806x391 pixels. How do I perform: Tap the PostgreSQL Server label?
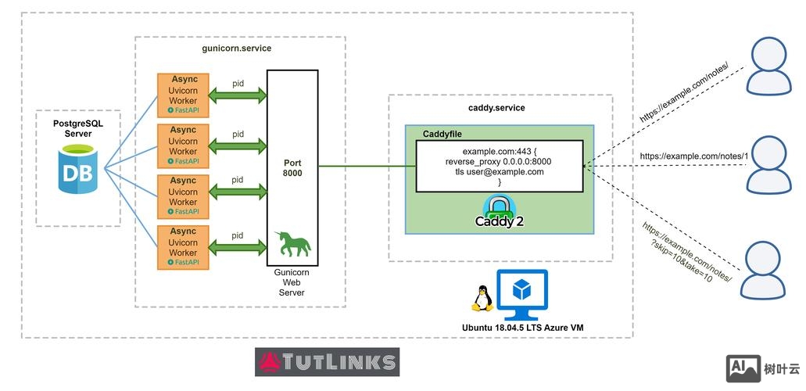click(78, 129)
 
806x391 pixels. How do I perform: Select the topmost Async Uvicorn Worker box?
click(184, 95)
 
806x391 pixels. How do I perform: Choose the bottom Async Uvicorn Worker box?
click(184, 247)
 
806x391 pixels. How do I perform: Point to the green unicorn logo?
click(292, 244)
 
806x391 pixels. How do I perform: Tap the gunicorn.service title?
click(237, 48)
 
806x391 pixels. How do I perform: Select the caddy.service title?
click(491, 108)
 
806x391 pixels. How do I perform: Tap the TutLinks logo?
click(327, 362)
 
